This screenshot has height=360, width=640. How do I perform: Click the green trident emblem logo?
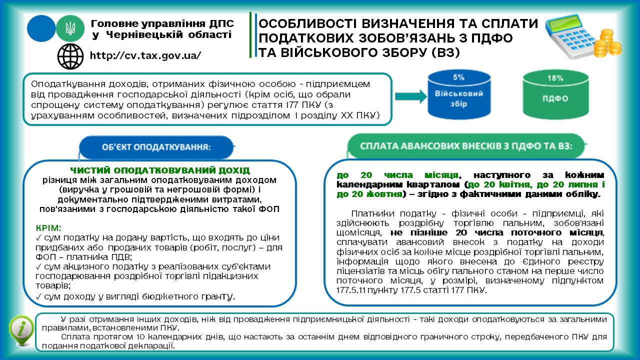[70, 28]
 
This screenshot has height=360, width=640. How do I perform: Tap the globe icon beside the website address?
[70, 56]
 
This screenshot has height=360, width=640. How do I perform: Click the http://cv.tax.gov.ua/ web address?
[145, 55]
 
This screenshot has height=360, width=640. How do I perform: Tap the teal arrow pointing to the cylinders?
[409, 97]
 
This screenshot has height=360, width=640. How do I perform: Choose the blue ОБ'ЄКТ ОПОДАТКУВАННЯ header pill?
[155, 147]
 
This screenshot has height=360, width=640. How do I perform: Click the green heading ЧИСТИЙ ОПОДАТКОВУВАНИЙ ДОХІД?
[160, 170]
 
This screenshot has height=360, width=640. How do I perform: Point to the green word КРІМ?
[48, 227]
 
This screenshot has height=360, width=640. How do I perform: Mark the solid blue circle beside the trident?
[41, 28]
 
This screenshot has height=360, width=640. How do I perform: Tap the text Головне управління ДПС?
[161, 23]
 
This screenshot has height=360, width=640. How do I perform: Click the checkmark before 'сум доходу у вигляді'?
[39, 297]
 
